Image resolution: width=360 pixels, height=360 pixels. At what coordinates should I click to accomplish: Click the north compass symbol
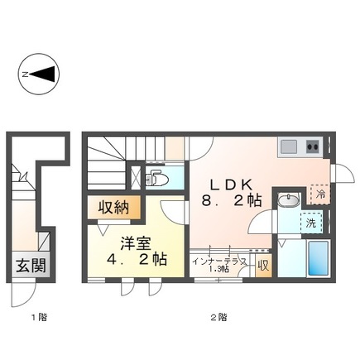click(38, 74)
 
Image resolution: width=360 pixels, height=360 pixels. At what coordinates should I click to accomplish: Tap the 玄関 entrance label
click(29, 267)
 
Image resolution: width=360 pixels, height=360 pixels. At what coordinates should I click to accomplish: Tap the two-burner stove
click(313, 146)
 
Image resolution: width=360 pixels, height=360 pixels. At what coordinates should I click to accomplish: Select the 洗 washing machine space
click(312, 223)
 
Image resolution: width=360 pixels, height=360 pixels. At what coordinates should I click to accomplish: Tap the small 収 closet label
click(263, 266)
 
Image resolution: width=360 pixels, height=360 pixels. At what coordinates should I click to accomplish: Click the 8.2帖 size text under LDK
click(233, 200)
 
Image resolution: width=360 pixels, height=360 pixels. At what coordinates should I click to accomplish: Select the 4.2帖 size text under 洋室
click(137, 259)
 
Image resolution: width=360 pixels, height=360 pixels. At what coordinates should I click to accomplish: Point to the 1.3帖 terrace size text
click(218, 270)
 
